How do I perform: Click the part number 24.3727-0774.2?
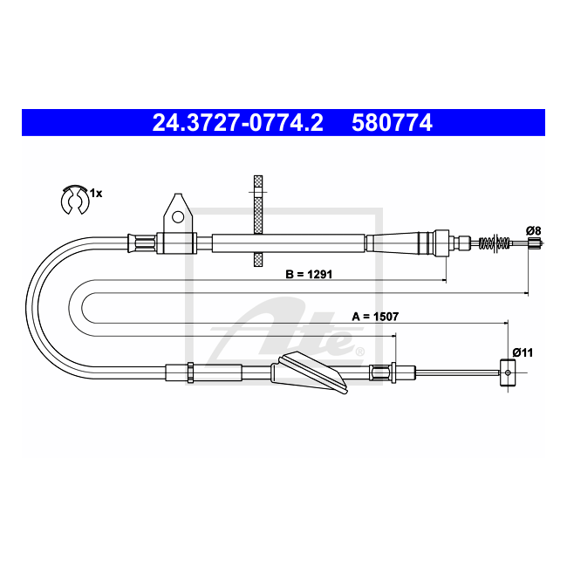tap(237, 122)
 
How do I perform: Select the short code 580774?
tap(392, 122)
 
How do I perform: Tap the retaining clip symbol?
tap(75, 200)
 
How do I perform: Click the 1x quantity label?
tap(96, 194)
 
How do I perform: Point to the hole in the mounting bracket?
tap(178, 217)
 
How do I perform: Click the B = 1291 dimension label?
tap(309, 274)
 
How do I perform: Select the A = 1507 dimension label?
tap(375, 317)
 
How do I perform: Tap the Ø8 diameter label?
tap(533, 230)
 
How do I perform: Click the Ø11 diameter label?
tap(523, 352)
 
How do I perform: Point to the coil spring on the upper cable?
tap(495, 243)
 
